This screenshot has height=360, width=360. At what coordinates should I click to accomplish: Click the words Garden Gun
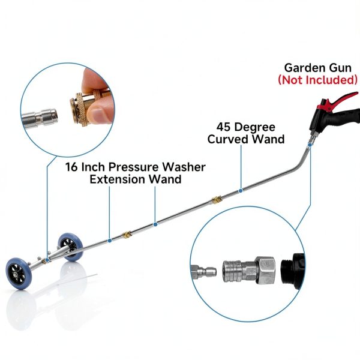coord(318,68)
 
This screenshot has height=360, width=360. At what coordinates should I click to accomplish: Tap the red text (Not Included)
coord(318,80)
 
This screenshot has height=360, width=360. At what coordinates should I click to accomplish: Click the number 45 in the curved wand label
coord(224,127)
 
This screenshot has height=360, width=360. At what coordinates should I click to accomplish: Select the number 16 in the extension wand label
coord(72,167)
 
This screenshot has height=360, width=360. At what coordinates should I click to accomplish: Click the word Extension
coord(117,179)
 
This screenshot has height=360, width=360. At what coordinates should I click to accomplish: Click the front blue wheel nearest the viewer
coord(19,274)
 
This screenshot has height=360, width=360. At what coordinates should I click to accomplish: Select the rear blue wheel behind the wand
coord(70,247)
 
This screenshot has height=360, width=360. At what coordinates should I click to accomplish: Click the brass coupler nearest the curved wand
coord(217,200)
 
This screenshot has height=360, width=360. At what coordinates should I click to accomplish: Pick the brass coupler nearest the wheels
coord(126,235)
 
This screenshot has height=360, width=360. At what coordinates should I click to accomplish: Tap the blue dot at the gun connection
coord(310,145)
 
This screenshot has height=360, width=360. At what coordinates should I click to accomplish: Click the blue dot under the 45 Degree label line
coord(241,191)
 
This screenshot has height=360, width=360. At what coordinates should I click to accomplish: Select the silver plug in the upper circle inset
coord(40,118)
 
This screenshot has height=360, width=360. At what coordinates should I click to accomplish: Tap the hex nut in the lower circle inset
coord(266,270)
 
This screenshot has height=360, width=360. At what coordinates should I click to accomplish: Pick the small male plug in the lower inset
coord(203,272)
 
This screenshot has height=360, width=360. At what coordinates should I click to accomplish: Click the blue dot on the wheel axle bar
coord(47,260)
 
